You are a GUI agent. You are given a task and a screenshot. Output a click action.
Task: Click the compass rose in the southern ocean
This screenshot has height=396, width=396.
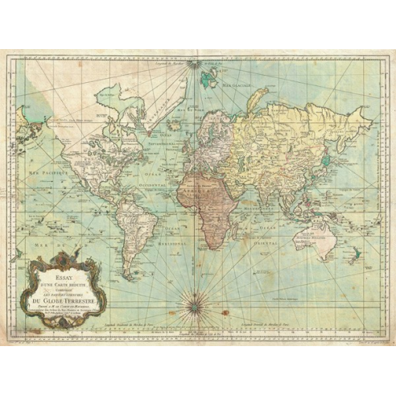point(192,305)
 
